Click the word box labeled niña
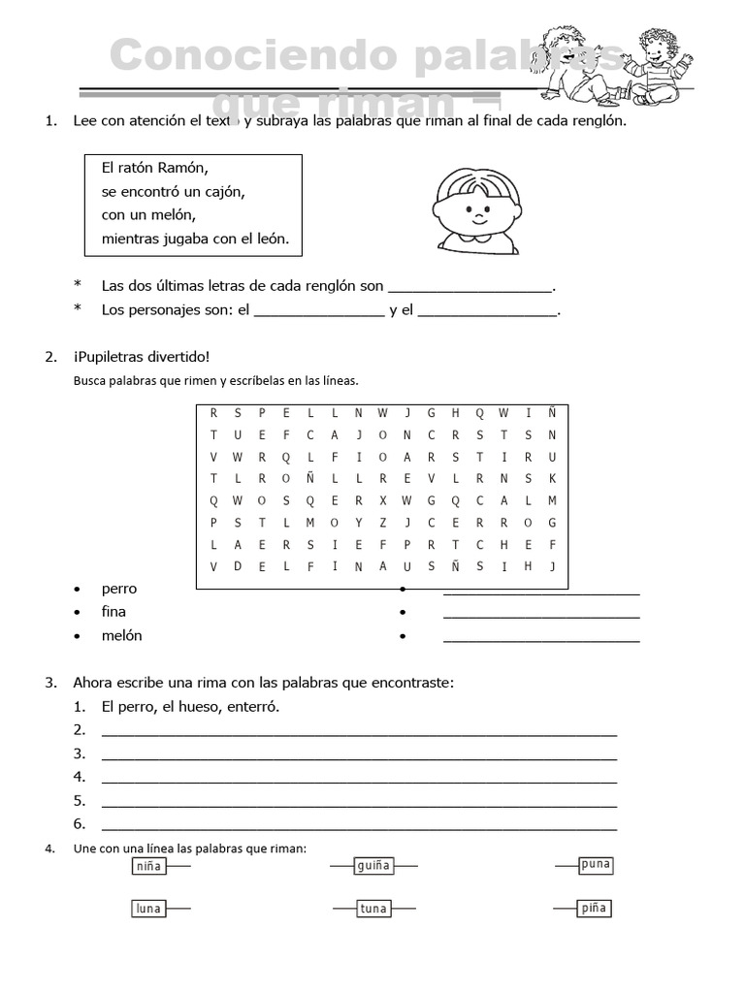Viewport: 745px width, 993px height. coord(148,866)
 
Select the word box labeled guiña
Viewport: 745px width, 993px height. coord(372,866)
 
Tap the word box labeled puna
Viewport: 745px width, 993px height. coord(596,864)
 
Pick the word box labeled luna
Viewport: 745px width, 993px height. coord(148,909)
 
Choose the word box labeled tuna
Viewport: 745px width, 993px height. coord(372,909)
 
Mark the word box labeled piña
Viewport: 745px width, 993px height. coord(595,909)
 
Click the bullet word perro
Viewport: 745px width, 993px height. coord(119,589)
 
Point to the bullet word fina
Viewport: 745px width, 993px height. coord(113,612)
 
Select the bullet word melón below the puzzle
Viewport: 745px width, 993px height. coord(121,636)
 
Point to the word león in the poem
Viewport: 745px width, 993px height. coord(269,239)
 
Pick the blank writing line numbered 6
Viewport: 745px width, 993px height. coord(359,825)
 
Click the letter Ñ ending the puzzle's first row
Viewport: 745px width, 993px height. coord(551,411)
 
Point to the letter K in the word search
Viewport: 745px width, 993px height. coord(551,478)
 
